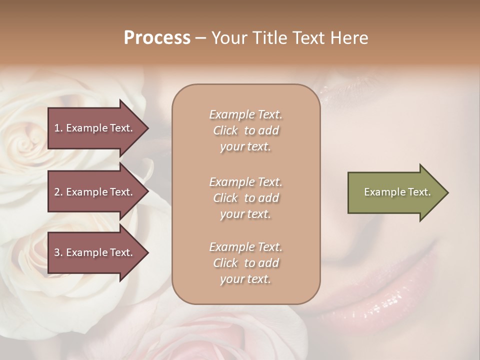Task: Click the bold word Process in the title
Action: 157,38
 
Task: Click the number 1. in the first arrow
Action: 58,128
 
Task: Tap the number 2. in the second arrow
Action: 58,192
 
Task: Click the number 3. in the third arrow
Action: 58,252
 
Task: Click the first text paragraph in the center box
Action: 245,130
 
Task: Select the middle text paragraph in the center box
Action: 245,198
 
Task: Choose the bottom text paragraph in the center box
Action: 245,263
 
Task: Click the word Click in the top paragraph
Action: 225,130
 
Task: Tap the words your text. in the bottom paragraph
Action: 245,279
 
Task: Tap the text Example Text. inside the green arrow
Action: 397,192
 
